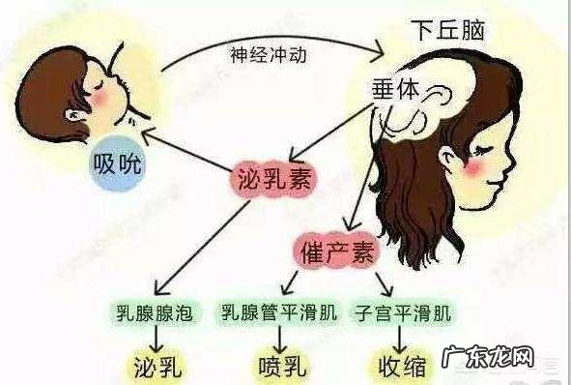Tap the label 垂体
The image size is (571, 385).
395,88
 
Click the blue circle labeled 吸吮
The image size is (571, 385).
117,163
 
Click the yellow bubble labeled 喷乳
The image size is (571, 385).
281,367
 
